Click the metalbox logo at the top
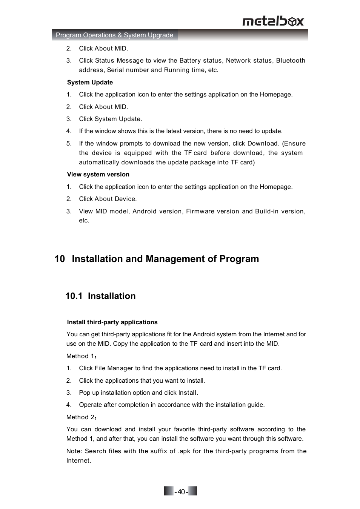[x=273, y=21]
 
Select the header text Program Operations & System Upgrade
[x=114, y=35]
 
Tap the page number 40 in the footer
[x=181, y=492]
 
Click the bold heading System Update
[x=90, y=82]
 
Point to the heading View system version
[x=98, y=174]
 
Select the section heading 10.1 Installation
[x=100, y=296]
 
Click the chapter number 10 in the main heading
[x=60, y=259]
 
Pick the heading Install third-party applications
[x=112, y=322]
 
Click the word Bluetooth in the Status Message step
[x=291, y=60]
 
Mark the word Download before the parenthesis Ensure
[x=262, y=143]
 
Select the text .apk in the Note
[x=184, y=451]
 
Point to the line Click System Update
[x=110, y=119]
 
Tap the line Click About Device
[x=108, y=199]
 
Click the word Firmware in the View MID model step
[x=200, y=211]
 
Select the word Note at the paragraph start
[x=74, y=451]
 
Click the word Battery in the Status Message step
[x=190, y=60]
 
